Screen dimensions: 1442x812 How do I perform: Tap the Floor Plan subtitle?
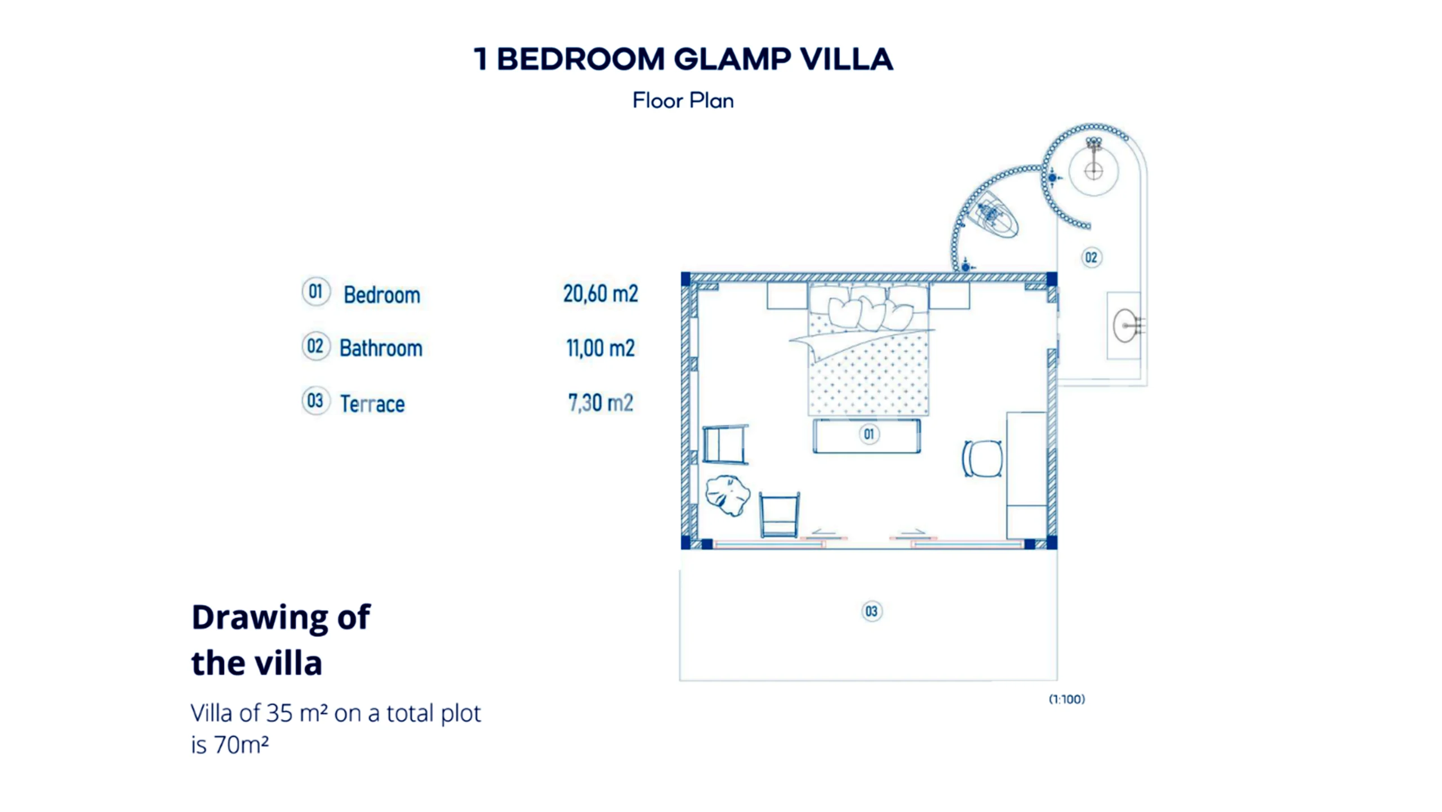(683, 101)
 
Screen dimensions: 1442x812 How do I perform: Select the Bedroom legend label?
(382, 295)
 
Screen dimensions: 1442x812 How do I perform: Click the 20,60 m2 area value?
(600, 294)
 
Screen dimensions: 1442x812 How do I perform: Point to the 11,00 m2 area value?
(600, 348)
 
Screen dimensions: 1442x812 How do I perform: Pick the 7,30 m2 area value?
(600, 403)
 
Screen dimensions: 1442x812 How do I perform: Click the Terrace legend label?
(372, 404)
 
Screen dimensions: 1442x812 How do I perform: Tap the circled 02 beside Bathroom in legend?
(315, 346)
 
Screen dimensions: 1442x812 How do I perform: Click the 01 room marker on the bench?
(869, 434)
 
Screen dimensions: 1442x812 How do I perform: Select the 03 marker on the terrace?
(871, 612)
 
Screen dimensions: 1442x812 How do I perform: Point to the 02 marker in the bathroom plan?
(1091, 258)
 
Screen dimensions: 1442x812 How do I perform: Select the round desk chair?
(982, 458)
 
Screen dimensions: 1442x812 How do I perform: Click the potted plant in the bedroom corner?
(727, 496)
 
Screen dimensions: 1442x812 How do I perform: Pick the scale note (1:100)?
(1067, 699)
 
